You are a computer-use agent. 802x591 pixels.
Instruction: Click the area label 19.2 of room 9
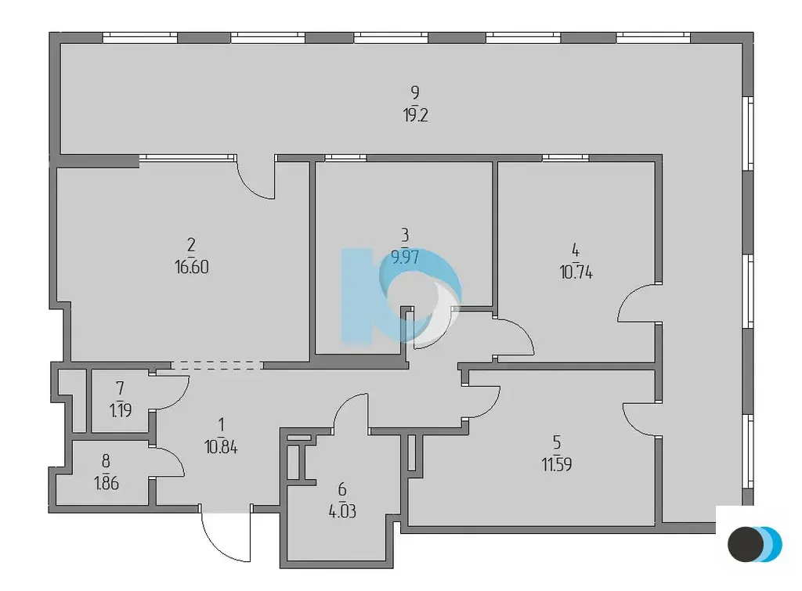415,115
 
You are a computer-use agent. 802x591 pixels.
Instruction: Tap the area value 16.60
192,267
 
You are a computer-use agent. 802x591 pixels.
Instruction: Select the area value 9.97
405,257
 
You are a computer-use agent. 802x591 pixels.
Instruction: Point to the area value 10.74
576,272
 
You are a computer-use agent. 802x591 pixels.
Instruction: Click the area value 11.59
557,464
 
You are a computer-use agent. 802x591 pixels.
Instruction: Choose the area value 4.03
342,511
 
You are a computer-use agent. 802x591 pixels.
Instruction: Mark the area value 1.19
121,410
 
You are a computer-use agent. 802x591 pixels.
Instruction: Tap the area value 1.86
107,483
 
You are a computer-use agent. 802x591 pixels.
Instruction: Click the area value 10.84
221,447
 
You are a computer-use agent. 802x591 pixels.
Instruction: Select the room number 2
191,245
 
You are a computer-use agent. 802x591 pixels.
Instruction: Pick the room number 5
557,441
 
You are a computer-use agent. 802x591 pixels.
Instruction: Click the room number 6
342,489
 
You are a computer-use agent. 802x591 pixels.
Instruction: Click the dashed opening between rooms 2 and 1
217,365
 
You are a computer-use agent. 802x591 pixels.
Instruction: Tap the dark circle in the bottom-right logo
746,545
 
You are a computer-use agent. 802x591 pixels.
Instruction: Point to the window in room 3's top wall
345,158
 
